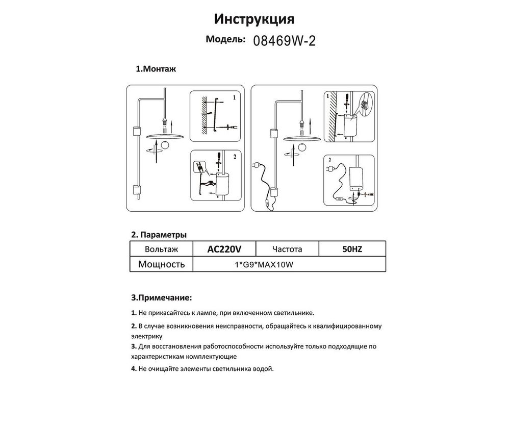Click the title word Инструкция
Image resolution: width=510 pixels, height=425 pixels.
click(x=253, y=19)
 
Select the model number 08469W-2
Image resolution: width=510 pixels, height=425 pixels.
click(x=284, y=41)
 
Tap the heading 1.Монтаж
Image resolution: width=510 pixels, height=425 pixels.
click(x=156, y=69)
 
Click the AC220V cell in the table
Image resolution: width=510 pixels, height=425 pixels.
click(x=224, y=249)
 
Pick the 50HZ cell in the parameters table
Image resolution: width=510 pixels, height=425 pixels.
click(x=351, y=249)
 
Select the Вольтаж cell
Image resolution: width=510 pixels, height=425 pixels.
click(x=161, y=249)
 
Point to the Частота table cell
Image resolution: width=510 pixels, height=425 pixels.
click(x=287, y=249)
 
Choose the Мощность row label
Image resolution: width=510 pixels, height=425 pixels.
click(x=161, y=264)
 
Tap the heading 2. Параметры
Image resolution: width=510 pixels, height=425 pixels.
click(x=159, y=235)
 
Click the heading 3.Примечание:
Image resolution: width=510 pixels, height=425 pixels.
click(x=162, y=297)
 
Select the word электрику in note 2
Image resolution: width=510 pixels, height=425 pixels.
click(x=147, y=336)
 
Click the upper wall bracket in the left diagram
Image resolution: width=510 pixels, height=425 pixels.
click(x=136, y=131)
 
